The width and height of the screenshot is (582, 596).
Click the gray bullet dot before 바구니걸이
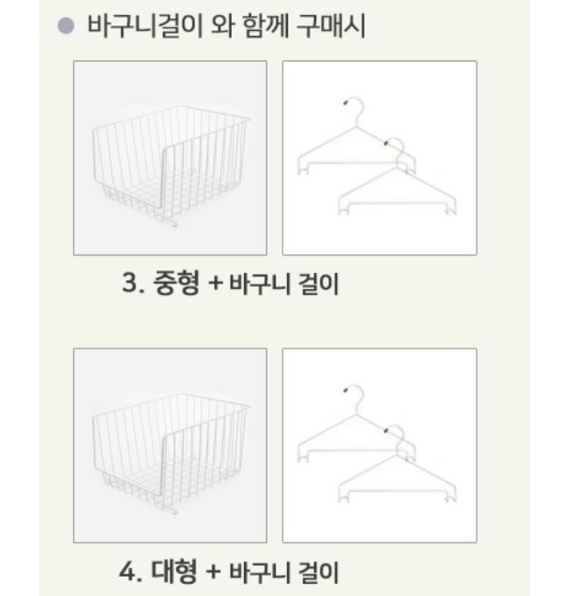pos(65,27)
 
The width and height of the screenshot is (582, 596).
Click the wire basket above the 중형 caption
pos(169,159)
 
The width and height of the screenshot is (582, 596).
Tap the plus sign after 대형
pos(215,574)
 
